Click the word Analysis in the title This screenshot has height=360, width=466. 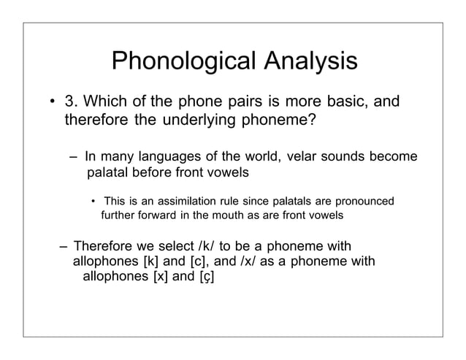pos(311,62)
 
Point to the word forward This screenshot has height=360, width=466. pos(151,215)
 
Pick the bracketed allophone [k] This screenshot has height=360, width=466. pos(153,261)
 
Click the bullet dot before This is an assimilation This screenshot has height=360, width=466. pos(93,202)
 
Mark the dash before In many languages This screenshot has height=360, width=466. pos(74,158)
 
